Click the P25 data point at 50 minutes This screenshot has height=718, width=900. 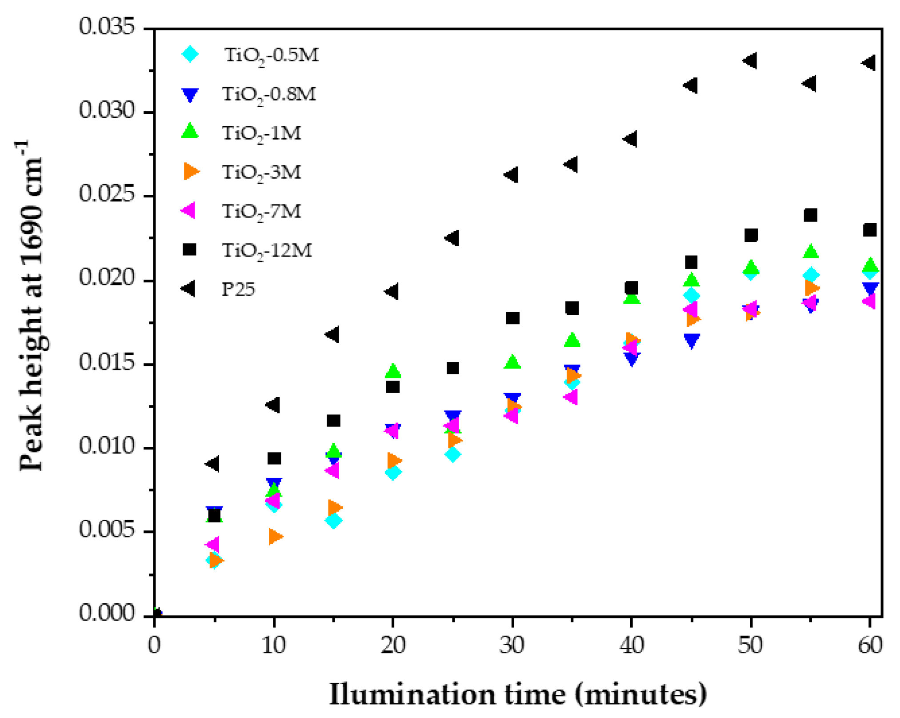[x=751, y=61]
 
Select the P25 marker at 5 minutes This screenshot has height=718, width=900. [x=213, y=464]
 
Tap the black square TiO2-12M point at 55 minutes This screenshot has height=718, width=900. [x=811, y=215]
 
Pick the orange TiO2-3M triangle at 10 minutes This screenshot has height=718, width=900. [x=276, y=536]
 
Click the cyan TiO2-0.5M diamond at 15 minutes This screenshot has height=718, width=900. [x=333, y=520]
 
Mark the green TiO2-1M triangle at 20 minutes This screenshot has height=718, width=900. [x=393, y=370]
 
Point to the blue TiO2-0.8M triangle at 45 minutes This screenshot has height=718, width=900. [x=692, y=340]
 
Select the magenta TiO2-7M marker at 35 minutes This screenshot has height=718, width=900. [x=571, y=396]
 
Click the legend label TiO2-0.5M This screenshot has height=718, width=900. [x=272, y=55]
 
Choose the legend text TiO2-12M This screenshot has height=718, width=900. [x=267, y=250]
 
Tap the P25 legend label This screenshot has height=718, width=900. [x=238, y=289]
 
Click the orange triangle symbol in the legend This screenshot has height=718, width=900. [x=191, y=171]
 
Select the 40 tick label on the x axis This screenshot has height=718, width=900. [x=632, y=645]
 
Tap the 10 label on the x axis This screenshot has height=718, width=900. [x=273, y=645]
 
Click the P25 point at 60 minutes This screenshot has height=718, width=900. [x=869, y=63]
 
